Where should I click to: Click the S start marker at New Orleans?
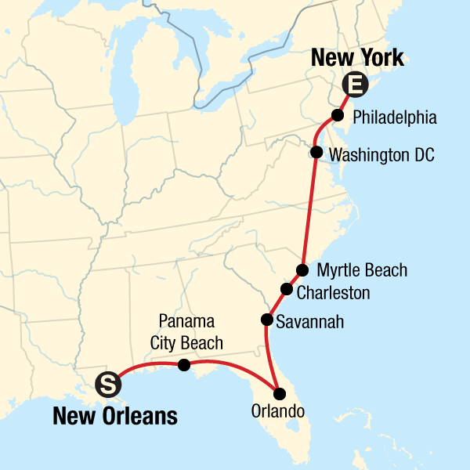click(x=108, y=384)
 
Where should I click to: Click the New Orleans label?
click(x=114, y=416)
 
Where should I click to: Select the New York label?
click(x=357, y=57)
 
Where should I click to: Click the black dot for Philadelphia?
click(x=338, y=115)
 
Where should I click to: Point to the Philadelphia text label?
click(x=395, y=117)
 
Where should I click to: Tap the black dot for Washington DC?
click(x=316, y=152)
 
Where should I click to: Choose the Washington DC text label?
click(x=381, y=154)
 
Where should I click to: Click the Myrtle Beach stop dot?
click(x=302, y=270)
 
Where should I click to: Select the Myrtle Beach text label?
click(x=362, y=271)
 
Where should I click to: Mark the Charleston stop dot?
click(x=287, y=290)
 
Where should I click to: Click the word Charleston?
click(x=333, y=292)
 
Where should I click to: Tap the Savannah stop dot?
click(x=267, y=320)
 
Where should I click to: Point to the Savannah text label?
click(x=309, y=322)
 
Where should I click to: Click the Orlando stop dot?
click(x=279, y=393)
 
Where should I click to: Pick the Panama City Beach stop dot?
click(x=184, y=364)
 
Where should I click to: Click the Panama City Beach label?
click(x=190, y=332)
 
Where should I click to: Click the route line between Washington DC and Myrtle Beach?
click(x=310, y=211)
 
